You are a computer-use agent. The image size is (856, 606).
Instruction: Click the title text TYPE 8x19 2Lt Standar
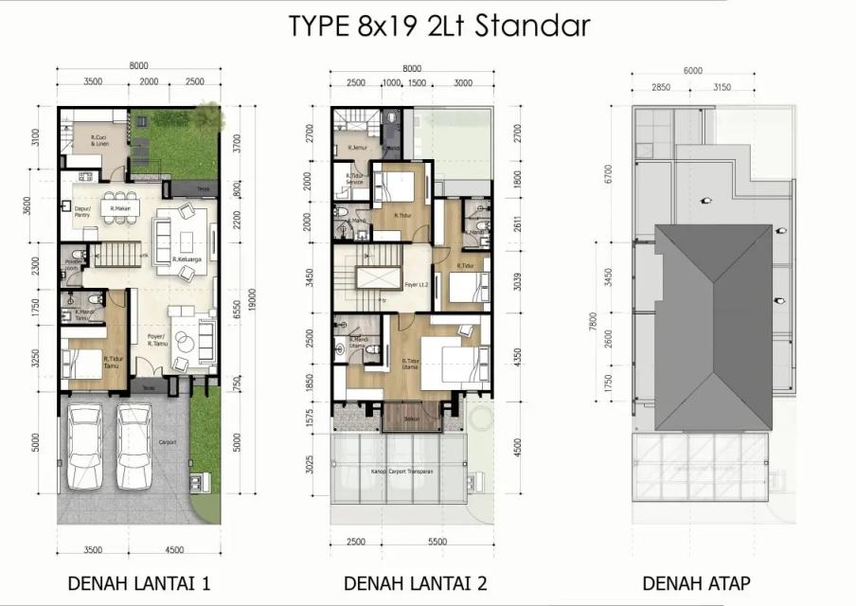click(x=439, y=26)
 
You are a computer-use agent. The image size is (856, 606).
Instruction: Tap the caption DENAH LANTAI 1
click(x=138, y=582)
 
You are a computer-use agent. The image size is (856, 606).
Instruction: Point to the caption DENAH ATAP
click(x=697, y=582)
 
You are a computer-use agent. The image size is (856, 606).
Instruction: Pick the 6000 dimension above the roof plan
click(x=692, y=71)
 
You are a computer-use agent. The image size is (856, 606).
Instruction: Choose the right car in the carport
click(x=134, y=446)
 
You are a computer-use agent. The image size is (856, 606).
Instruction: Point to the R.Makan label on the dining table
click(x=119, y=208)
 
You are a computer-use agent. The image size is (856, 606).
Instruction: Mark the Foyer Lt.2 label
click(x=415, y=283)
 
